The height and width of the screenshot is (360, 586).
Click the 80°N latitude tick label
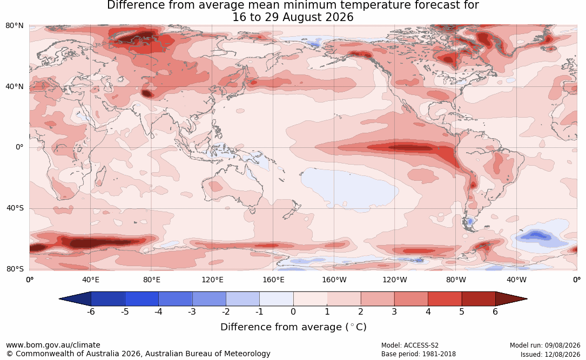(x=14, y=26)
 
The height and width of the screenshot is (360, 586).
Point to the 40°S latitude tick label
(x=15, y=208)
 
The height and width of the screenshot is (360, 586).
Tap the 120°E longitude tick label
(x=212, y=280)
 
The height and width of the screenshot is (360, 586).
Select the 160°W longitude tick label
(x=334, y=280)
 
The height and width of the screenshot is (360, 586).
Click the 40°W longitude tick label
(x=516, y=280)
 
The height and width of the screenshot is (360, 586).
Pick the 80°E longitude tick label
(x=151, y=280)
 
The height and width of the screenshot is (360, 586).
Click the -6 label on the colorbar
(x=91, y=311)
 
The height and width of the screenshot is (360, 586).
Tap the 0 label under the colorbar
(x=293, y=311)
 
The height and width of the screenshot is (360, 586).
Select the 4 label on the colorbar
(x=428, y=311)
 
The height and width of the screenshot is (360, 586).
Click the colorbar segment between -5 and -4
(x=142, y=299)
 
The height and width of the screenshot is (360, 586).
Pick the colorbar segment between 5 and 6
(x=479, y=299)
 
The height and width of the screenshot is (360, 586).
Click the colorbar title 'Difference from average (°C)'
(x=293, y=327)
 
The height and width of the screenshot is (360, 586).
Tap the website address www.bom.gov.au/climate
(x=53, y=345)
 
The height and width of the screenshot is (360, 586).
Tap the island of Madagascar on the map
(x=100, y=175)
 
